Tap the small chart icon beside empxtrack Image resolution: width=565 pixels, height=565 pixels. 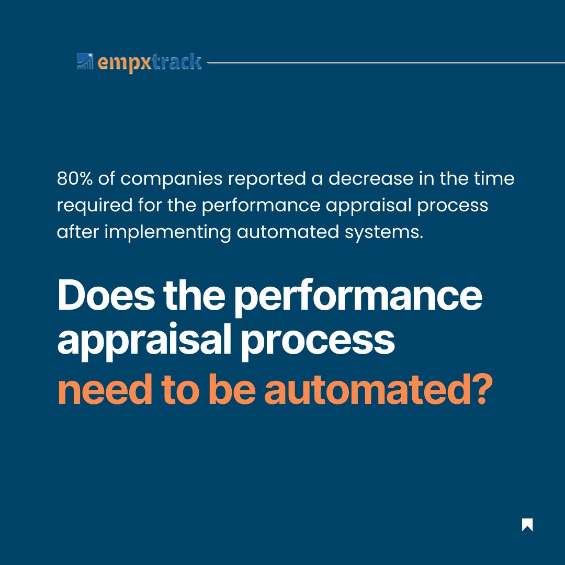pos(84,61)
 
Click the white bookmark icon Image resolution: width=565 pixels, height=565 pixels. pos(527,525)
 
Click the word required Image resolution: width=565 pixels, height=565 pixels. pos(92,206)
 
